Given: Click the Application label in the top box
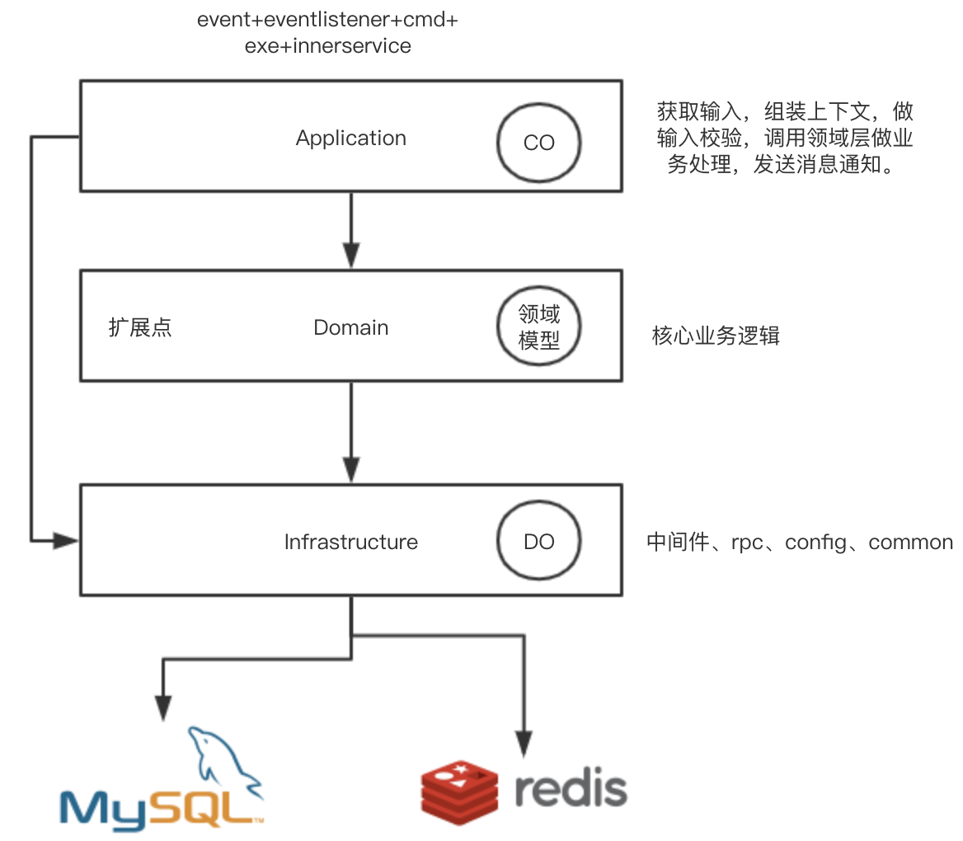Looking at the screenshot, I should pyautogui.click(x=350, y=139).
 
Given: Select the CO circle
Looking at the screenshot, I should pyautogui.click(x=538, y=143).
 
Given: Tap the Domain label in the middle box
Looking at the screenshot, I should pyautogui.click(x=350, y=328).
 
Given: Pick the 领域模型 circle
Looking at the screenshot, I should pyautogui.click(x=538, y=327).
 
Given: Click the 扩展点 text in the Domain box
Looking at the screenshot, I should pyautogui.click(x=140, y=328).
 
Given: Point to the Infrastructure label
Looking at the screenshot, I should pyautogui.click(x=350, y=543).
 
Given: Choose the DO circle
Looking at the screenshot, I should pyautogui.click(x=538, y=542).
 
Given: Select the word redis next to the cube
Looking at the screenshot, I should pyautogui.click(x=571, y=788).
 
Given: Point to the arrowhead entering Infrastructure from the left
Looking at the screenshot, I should pyautogui.click(x=65, y=541).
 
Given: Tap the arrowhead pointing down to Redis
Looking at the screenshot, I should pyautogui.click(x=522, y=742).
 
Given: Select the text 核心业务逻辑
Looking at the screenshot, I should pyautogui.click(x=715, y=336).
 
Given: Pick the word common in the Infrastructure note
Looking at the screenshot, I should pyautogui.click(x=910, y=543).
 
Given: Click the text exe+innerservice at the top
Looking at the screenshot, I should pyautogui.click(x=327, y=46).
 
